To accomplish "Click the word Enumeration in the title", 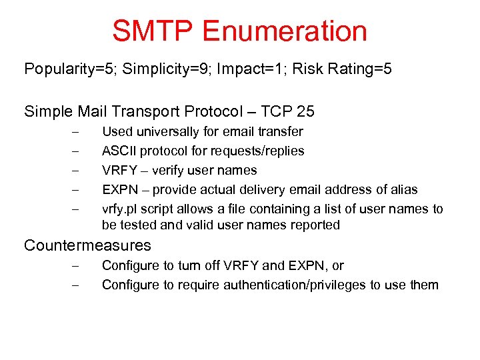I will coord(285,31).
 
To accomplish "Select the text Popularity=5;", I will coord(65,69).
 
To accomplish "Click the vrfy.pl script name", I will coord(117,209).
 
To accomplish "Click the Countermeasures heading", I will coord(87,245).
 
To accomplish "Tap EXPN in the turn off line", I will coord(306,266).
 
